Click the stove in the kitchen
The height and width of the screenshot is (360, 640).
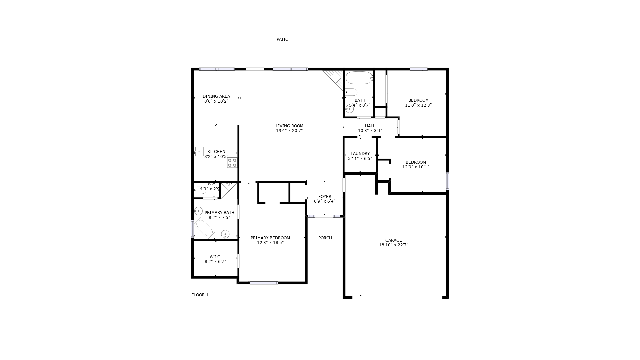point(232,163)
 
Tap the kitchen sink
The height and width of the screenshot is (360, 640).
point(199,151)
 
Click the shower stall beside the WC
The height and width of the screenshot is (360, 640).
point(229,191)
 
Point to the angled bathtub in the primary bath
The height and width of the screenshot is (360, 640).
point(204,228)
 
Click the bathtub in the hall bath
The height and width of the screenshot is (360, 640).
point(359,78)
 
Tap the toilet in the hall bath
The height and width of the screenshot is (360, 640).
point(351,92)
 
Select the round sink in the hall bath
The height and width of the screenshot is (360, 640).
point(349,109)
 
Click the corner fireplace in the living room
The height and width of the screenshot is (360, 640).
point(333,79)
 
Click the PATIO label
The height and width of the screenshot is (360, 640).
point(282,39)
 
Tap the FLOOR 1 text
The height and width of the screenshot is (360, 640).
point(200,295)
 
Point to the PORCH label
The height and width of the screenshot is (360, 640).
point(325,238)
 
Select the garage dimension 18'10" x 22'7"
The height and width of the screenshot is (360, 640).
point(394,245)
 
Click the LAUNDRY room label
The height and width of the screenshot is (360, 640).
point(360,154)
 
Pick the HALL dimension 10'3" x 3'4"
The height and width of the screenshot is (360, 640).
point(370,131)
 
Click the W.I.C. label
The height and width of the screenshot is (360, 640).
point(215,257)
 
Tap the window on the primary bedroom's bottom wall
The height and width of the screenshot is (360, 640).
point(264,283)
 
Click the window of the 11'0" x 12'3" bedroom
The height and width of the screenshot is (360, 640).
point(419,69)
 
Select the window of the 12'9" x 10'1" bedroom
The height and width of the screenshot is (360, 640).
point(448,181)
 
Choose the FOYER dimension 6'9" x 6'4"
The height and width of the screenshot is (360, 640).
point(325,201)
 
